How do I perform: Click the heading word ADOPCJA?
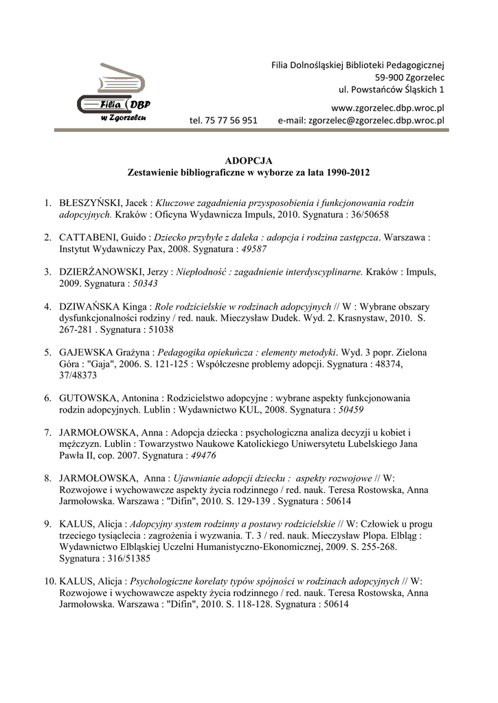249,160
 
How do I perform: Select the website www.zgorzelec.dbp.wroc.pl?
388,107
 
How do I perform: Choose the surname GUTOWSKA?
89,397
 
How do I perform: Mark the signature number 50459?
351,409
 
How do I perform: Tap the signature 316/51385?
128,559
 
